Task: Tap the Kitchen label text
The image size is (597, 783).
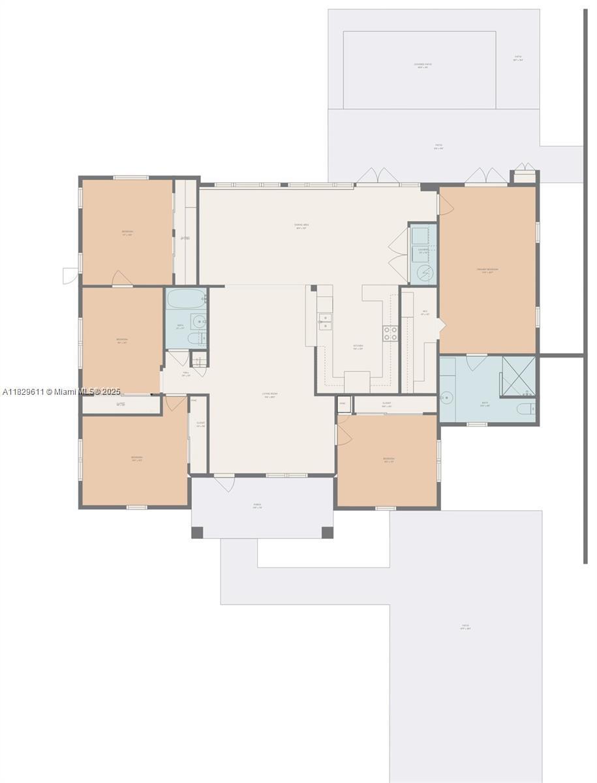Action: [x=358, y=346]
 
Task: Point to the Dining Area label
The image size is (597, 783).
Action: [x=301, y=226]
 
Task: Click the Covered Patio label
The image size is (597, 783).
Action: [x=423, y=65]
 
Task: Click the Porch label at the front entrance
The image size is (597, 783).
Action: [x=257, y=505]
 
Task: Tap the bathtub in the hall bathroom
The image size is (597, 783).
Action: [x=185, y=299]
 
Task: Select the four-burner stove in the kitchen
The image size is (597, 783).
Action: [x=391, y=333]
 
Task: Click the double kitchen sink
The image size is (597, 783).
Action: [x=324, y=321]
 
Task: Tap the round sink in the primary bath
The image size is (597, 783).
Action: [x=447, y=397]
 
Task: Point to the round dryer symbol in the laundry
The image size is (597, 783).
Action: [x=423, y=272]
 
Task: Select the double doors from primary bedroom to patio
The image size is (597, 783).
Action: [x=486, y=176]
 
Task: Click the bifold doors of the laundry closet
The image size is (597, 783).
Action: [x=397, y=254]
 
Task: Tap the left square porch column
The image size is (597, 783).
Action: [x=197, y=532]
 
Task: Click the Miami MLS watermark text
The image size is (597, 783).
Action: [x=62, y=391]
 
